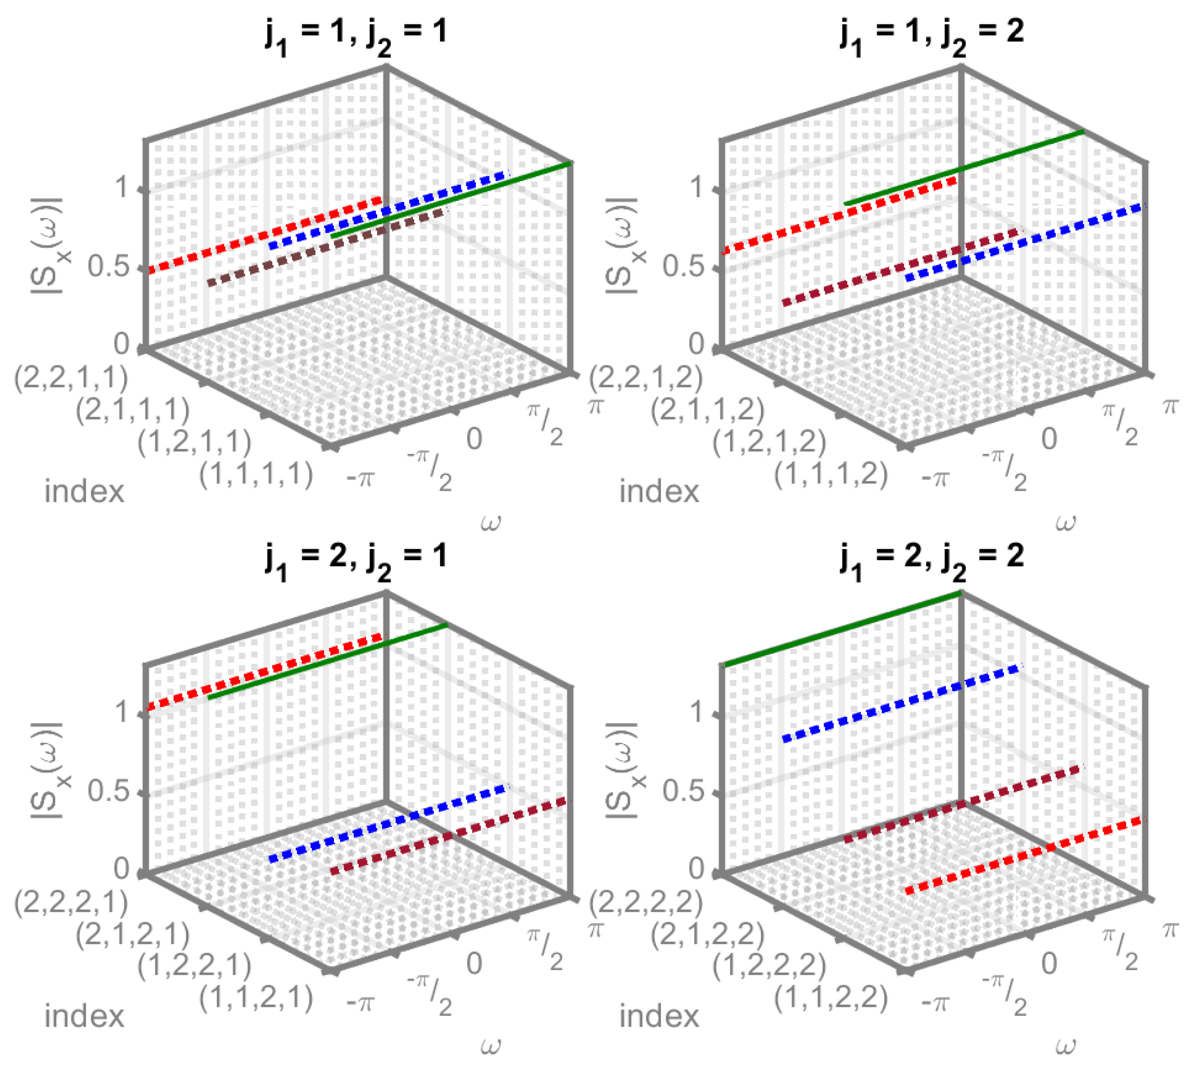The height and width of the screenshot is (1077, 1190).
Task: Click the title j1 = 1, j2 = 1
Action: (x=356, y=33)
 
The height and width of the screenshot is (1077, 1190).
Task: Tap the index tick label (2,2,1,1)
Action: (x=71, y=379)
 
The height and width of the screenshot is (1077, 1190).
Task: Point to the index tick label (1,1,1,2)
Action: (x=831, y=474)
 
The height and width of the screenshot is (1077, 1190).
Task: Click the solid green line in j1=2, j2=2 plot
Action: (x=843, y=629)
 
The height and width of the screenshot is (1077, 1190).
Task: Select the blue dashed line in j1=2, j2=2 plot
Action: (x=901, y=702)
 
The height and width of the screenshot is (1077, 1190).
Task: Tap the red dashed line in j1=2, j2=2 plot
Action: (x=1024, y=855)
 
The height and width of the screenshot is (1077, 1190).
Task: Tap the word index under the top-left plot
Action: (x=85, y=492)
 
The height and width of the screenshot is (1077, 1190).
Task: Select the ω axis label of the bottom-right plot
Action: (x=1065, y=1047)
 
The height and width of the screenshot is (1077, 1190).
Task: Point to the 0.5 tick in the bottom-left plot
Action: (x=109, y=791)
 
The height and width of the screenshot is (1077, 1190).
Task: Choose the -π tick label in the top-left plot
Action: (x=360, y=478)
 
